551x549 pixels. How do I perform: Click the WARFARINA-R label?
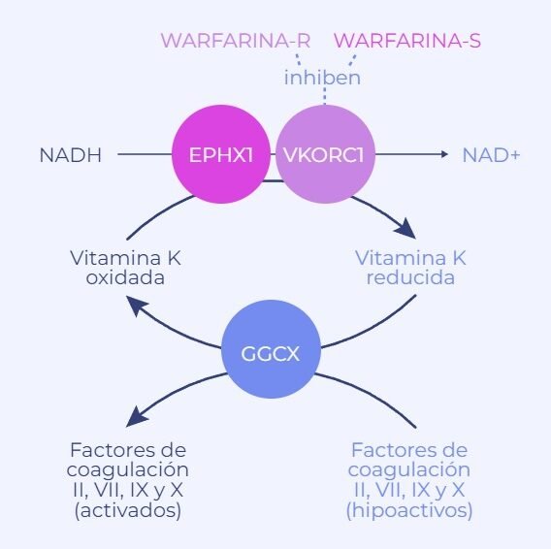tap(235, 41)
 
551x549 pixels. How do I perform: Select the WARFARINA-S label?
tap(407, 41)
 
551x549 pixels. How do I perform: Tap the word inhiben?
tap(322, 78)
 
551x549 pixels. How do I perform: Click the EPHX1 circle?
tap(220, 153)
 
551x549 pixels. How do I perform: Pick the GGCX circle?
tap(272, 354)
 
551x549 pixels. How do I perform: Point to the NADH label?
tap(70, 154)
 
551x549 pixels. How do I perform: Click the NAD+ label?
tap(491, 154)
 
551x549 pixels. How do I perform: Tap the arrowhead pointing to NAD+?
tap(443, 154)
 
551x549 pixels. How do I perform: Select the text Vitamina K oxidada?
tap(126, 268)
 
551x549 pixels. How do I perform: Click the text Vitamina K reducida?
tap(411, 268)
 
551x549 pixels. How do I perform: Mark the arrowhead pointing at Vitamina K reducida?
tap(406, 231)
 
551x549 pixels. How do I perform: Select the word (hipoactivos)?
tap(409, 509)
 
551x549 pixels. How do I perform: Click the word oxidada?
tap(126, 278)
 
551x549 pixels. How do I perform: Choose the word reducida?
tap(411, 278)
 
